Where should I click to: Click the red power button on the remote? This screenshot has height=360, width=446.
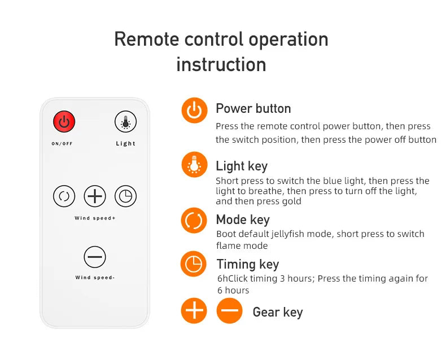tap(64, 121)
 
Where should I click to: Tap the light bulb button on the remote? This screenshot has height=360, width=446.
tap(125, 121)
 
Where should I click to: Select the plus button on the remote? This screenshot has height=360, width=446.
tap(95, 196)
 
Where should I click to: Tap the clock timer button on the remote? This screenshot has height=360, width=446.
tap(125, 196)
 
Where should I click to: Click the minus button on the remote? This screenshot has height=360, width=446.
tap(95, 257)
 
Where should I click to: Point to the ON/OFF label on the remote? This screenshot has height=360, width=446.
tap(62, 143)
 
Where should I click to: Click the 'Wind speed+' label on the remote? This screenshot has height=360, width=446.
tap(95, 218)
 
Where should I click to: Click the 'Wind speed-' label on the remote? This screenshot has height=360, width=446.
tap(95, 277)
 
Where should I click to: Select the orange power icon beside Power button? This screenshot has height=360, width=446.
tap(194, 111)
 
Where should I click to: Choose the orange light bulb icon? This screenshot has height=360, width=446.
tap(194, 165)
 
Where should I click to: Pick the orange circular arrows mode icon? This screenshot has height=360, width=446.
tap(194, 221)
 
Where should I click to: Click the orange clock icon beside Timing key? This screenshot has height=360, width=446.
tap(194, 264)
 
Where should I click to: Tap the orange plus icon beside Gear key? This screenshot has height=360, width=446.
tap(194, 310)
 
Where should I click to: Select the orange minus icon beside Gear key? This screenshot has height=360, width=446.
tap(230, 310)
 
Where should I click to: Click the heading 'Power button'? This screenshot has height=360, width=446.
tap(253, 109)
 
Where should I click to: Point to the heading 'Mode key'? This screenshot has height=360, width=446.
tap(243, 220)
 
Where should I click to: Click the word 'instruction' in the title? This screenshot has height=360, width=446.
tap(221, 64)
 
